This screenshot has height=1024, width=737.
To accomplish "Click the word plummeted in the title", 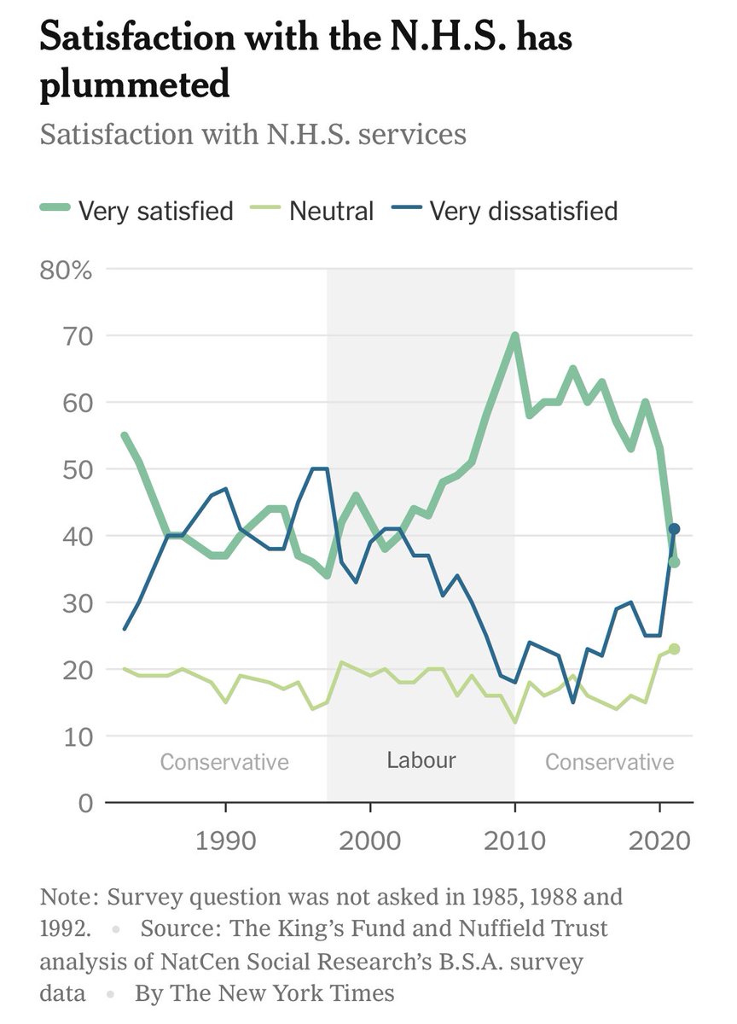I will [136, 86].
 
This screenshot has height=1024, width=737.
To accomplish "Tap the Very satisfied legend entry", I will [155, 211].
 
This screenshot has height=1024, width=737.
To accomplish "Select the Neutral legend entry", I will [331, 211].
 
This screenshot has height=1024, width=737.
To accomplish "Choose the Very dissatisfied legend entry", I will [523, 211].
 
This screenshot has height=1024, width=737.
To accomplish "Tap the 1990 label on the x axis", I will [225, 841].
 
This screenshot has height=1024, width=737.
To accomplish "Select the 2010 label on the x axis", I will [514, 841].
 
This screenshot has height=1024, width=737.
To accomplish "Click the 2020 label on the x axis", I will [658, 841].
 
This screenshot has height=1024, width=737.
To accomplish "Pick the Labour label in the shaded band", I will [421, 760].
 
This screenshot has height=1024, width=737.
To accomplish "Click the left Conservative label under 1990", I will [224, 762].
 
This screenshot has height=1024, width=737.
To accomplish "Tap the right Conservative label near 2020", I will [609, 762].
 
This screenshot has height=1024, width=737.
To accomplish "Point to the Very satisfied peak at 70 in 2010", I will [514, 335].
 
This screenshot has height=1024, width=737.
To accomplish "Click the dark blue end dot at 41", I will [674, 529].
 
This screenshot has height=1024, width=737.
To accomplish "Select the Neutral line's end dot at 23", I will [674, 649].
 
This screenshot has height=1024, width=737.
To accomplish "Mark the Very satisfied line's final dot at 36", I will [674, 562].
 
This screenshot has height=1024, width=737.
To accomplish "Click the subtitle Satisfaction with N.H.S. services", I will [253, 135].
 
